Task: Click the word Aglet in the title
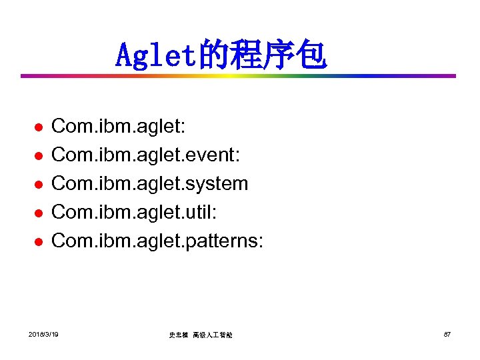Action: [x=155, y=56]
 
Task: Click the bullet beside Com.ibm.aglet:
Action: [x=39, y=127]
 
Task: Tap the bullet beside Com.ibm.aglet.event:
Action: [x=39, y=155]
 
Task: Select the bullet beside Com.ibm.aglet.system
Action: [x=39, y=184]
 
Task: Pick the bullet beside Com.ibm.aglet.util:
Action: [x=39, y=213]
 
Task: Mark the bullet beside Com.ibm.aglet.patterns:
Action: [x=39, y=241]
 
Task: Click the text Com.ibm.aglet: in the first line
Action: [x=112, y=126]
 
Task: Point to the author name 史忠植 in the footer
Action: [x=178, y=335]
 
